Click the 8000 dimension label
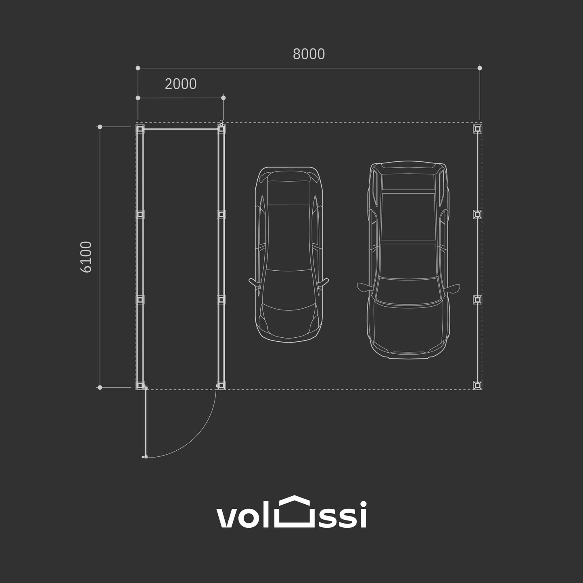pos(309,54)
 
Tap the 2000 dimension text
pos(181,84)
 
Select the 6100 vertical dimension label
pos(86,257)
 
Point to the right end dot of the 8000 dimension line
pos(480,68)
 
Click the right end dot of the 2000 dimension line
pos(223,98)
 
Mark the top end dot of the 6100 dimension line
pos(100,127)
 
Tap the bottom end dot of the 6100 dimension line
pos(100,387)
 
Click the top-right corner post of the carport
pos(477,129)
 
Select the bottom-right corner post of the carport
pos(477,385)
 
